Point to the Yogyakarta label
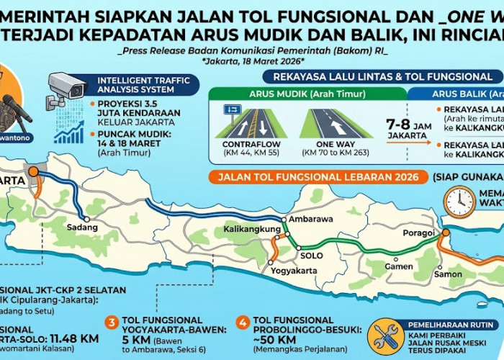294,271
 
